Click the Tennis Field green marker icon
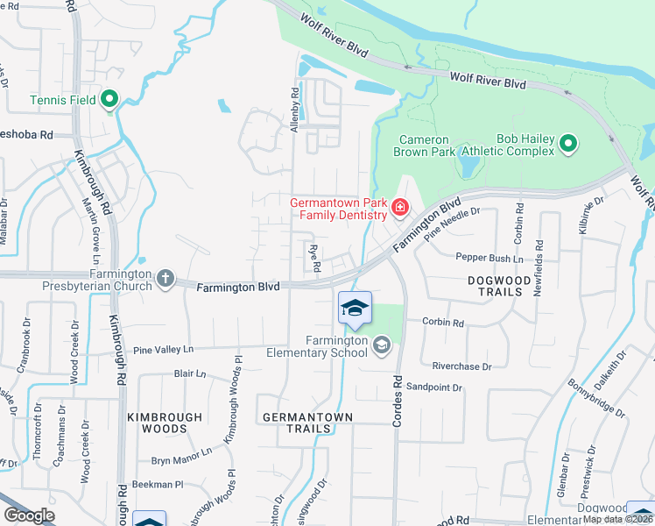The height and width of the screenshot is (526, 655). tap(109, 100)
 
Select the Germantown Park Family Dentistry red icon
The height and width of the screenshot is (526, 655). tap(400, 208)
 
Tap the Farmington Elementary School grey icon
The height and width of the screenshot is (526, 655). tap(381, 345)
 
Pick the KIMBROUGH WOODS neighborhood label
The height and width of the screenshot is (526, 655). tap(164, 423)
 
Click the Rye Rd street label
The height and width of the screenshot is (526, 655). tap(313, 257)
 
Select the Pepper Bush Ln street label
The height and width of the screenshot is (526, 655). tap(489, 258)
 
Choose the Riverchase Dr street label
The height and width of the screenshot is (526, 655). tap(461, 366)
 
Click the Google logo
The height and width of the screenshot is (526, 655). tap(29, 515)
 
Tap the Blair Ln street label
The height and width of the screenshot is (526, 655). tap(190, 373)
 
